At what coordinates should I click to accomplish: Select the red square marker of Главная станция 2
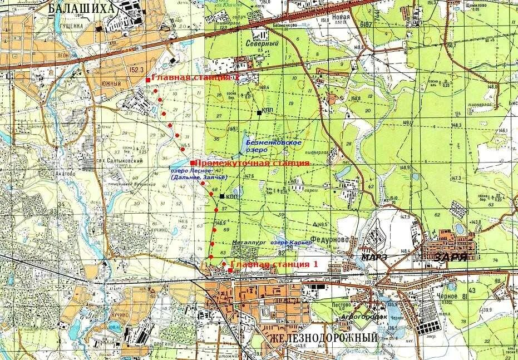pyautogui.click(x=147, y=80)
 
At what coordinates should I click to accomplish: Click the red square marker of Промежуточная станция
pyautogui.click(x=192, y=162)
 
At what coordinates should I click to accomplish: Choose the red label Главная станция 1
pyautogui.click(x=274, y=264)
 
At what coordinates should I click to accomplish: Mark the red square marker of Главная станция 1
pyautogui.click(x=230, y=270)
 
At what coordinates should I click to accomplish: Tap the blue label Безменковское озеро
pyautogui.click(x=273, y=146)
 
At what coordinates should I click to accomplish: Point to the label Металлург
pyautogui.click(x=249, y=243)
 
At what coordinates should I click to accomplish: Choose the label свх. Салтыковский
pyautogui.click(x=121, y=161)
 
